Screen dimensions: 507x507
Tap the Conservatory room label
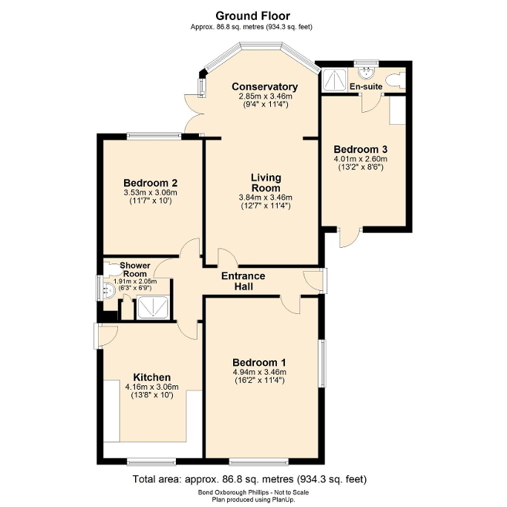(264, 87)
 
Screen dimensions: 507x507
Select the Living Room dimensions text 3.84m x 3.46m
(266, 197)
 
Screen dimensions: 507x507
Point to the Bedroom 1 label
(266, 362)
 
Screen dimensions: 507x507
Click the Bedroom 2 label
(150, 183)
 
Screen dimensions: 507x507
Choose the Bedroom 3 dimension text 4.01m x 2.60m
(361, 158)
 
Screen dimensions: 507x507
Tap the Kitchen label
(151, 376)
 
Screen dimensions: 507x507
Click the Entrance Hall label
(244, 281)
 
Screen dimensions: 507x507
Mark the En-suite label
(365, 87)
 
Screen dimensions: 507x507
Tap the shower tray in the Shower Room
(152, 308)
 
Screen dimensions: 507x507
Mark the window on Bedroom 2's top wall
(154, 135)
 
